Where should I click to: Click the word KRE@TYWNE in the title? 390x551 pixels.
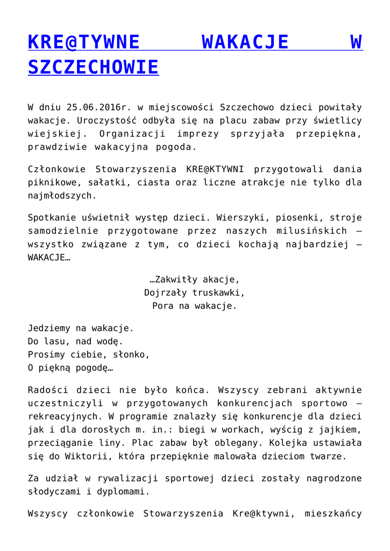[83, 43]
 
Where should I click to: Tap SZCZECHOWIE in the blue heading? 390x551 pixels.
[93, 67]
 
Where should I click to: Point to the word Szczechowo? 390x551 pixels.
[245, 107]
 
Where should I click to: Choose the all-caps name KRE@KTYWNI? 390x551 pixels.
[215, 169]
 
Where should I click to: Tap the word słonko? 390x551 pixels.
[131, 355]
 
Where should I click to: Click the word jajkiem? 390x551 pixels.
[339, 430]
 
